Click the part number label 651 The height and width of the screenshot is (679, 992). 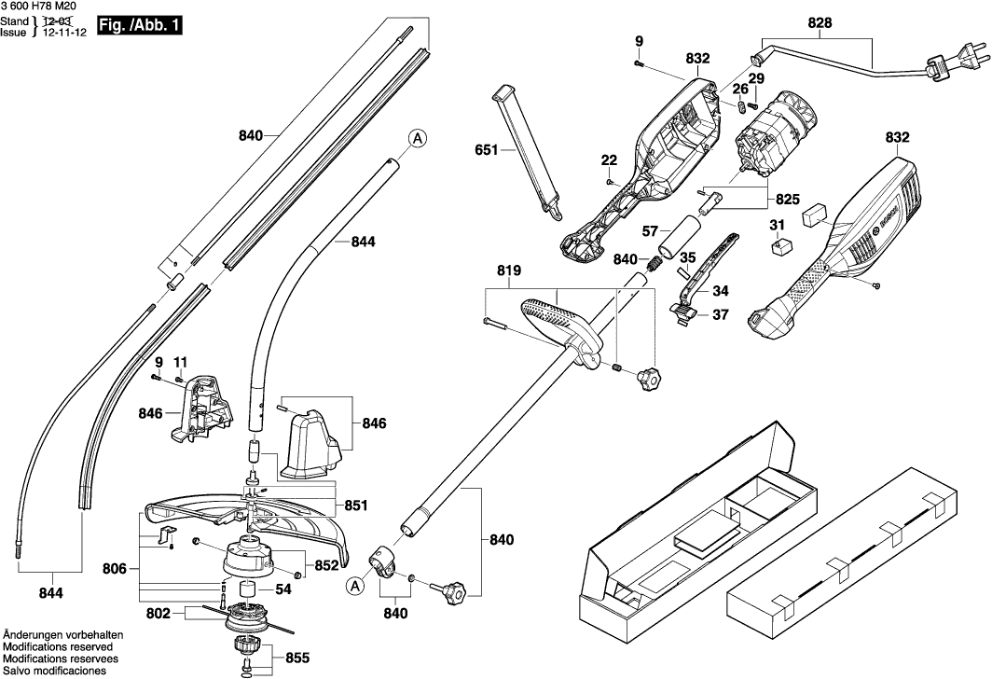point(488,149)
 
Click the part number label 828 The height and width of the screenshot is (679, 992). point(820,22)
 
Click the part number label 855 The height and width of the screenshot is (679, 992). point(296,658)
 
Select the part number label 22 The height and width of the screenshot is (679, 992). point(609,159)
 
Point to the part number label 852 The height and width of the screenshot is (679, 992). point(327,564)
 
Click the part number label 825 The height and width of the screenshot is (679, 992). point(787,200)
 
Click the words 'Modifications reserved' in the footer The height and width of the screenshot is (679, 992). point(58,646)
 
